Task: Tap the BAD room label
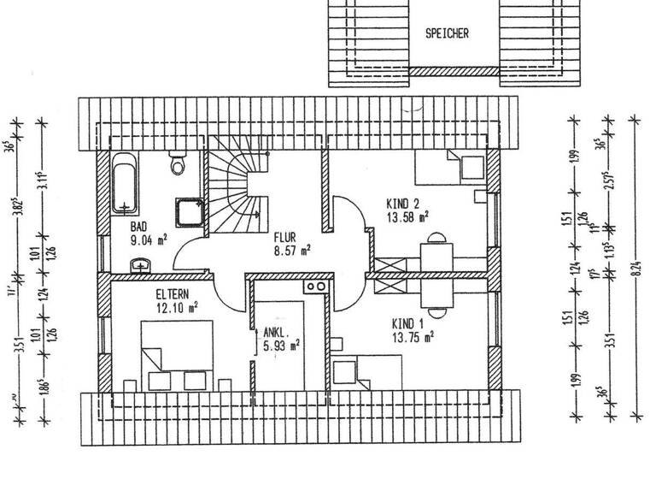point(138,228)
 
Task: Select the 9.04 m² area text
point(149,241)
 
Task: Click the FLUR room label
point(285,237)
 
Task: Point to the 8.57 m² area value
point(291,251)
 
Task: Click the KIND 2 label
point(402,204)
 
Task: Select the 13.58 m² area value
point(407,216)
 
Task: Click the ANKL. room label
point(276,333)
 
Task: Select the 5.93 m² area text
point(281,346)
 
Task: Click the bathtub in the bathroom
point(125,183)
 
